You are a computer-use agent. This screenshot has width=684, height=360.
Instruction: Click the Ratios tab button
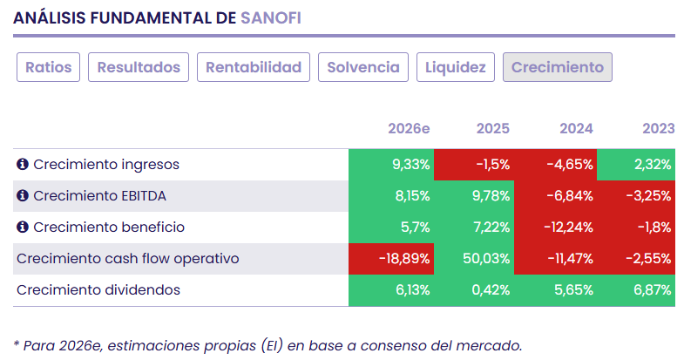[49, 67]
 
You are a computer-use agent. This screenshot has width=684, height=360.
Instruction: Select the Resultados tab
[139, 67]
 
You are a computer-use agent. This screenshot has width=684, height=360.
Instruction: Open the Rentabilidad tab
[254, 67]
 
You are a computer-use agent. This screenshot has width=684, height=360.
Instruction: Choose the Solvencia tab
[362, 67]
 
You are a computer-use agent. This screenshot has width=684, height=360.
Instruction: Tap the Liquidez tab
[456, 67]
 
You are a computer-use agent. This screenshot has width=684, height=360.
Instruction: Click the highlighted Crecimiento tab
[558, 67]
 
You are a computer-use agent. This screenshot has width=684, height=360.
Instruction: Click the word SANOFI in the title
[270, 17]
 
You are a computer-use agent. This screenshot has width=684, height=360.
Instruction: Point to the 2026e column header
[409, 128]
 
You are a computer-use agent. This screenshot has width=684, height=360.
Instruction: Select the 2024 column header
[576, 128]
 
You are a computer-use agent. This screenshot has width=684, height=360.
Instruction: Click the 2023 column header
[658, 128]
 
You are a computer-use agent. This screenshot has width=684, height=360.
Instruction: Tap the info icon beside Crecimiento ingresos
[23, 165]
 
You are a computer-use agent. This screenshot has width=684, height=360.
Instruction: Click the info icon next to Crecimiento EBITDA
[23, 196]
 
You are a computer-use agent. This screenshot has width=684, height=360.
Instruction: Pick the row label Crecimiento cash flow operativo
[127, 259]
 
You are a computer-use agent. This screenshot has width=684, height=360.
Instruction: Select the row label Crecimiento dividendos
[98, 290]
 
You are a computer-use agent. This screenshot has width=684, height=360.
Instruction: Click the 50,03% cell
[486, 259]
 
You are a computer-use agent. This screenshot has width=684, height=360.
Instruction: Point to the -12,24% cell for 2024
[568, 228]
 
